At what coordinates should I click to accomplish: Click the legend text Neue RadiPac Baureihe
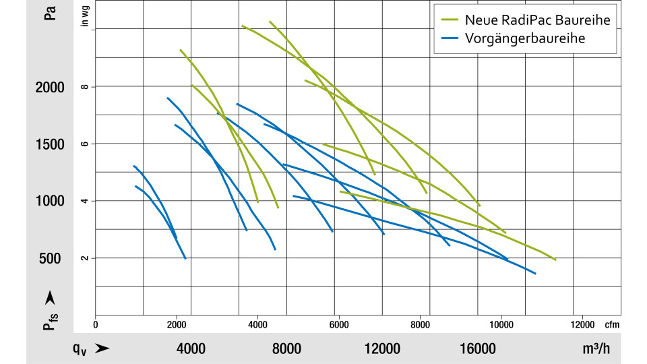click(x=537, y=20)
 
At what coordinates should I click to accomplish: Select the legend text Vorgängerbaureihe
click(x=524, y=38)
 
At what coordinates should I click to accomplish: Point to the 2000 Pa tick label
click(x=50, y=88)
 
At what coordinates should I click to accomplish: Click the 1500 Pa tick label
click(x=50, y=144)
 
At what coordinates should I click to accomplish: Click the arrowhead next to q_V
click(x=102, y=348)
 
